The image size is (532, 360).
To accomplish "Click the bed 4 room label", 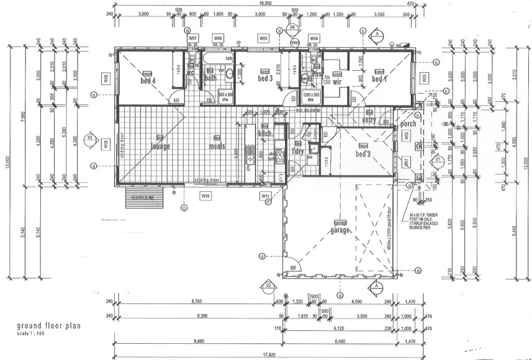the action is (148, 80).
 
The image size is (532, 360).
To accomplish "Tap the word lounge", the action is (160, 146).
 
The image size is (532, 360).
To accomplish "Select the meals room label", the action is (217, 147).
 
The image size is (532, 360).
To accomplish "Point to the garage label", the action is (340, 230).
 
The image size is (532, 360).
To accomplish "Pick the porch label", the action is (408, 124).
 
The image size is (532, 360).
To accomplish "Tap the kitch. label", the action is (266, 134).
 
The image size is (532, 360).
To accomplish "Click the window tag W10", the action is (205, 196).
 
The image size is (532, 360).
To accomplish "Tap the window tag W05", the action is (264, 38).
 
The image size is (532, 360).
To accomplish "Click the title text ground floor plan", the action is (49, 325).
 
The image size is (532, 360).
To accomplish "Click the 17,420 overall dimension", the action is (268, 354).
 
